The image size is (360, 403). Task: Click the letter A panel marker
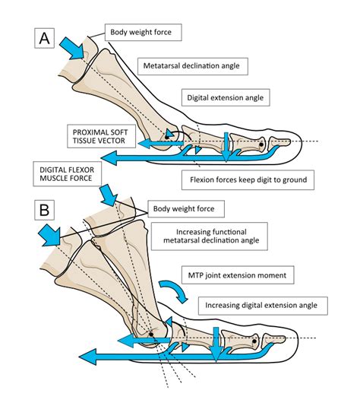coord(44,38)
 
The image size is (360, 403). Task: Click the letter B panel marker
coord(44,210)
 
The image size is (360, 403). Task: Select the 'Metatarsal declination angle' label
coord(193,66)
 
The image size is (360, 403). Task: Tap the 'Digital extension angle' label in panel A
coord(226,97)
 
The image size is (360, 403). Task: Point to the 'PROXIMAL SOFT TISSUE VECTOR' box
coord(102,136)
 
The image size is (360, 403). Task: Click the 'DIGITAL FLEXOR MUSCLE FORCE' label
coord(67,173)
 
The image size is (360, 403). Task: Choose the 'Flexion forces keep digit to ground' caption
coord(248,179)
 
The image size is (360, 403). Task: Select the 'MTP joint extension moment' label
coord(238,275)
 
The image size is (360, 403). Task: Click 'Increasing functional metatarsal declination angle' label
coord(210,236)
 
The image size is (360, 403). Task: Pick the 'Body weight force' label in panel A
coord(143,32)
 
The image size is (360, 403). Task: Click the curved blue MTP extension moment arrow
coord(176,290)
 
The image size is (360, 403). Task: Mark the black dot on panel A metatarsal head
coord(167,138)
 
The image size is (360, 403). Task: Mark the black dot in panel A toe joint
coord(261,144)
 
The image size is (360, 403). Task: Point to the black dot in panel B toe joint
coord(254,341)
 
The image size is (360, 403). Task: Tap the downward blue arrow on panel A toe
coord(226,147)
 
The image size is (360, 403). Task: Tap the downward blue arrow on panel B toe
coord(216,344)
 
